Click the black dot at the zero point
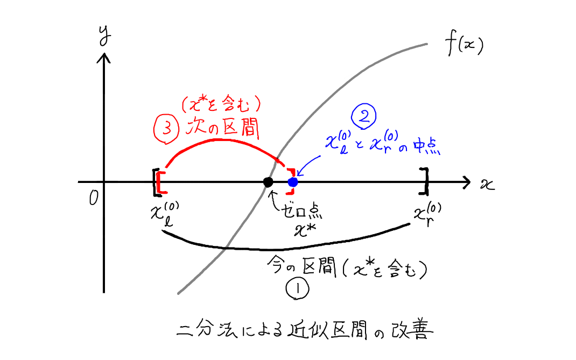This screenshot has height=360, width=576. (x=268, y=182)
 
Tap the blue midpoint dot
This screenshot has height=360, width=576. (x=292, y=182)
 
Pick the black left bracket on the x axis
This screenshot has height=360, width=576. (x=156, y=182)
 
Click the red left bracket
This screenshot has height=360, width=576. (x=160, y=182)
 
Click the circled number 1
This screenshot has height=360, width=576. (x=297, y=290)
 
